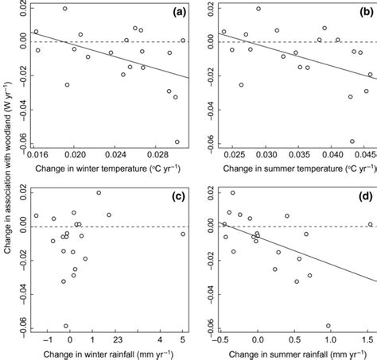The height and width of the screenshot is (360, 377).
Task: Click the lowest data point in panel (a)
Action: [177, 141]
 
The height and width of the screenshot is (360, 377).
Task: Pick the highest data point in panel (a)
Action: [65, 9]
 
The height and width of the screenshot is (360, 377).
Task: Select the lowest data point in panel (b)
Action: [352, 141]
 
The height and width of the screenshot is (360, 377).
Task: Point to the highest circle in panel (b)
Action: [258, 10]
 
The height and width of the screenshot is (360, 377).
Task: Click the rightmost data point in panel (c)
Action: [183, 234]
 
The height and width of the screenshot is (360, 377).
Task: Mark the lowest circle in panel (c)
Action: [66, 326]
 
